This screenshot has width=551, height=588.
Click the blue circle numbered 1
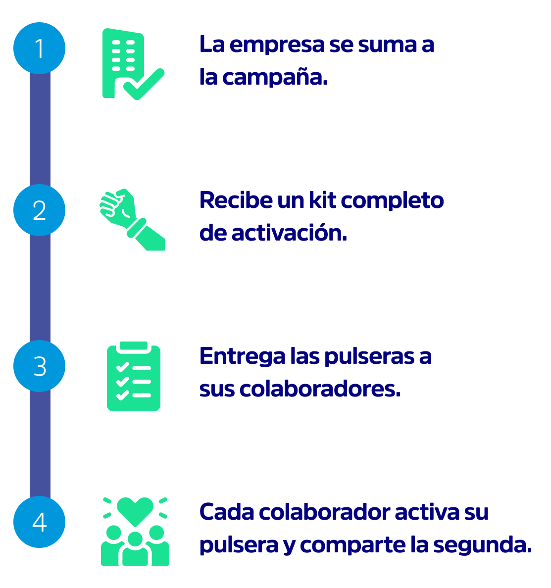[x=40, y=49]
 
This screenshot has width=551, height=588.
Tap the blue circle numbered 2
[x=40, y=210]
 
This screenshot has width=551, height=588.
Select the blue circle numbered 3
[x=40, y=366]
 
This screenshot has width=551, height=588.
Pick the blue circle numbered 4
[x=40, y=522]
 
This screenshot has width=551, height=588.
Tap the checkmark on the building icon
[x=144, y=85]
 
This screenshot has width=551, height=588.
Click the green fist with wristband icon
[x=132, y=219]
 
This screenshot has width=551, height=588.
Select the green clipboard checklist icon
[x=134, y=376]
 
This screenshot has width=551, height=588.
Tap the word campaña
[x=275, y=78]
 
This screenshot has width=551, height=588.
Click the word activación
[x=289, y=233]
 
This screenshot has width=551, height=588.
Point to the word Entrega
[x=242, y=356]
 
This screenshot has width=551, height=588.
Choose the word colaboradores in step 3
[x=320, y=389]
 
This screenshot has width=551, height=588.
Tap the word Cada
[x=227, y=512]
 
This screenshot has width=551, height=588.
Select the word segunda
[x=482, y=545]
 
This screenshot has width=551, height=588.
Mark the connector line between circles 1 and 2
[x=40, y=129]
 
